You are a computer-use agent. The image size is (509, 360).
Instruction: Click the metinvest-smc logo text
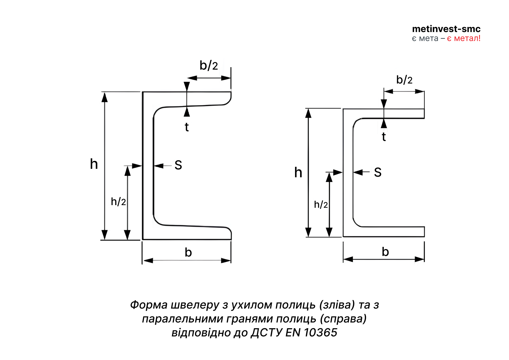click(446, 29)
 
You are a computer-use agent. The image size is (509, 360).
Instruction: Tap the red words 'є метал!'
click(464, 38)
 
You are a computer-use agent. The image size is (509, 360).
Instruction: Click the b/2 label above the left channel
click(209, 65)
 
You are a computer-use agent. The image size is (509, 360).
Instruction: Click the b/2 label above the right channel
click(404, 80)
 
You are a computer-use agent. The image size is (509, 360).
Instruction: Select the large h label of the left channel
click(94, 164)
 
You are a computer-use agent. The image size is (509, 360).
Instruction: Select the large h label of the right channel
click(298, 172)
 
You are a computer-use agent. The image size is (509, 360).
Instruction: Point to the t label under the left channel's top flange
click(187, 127)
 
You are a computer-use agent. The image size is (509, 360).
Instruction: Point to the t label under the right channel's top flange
click(384, 137)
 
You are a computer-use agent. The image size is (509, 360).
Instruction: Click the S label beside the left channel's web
click(178, 165)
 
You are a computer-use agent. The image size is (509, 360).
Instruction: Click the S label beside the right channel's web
click(378, 172)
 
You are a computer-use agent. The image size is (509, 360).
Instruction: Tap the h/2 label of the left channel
click(118, 201)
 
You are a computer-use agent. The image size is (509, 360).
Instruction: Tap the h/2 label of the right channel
click(321, 205)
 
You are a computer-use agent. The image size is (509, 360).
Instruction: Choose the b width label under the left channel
click(188, 252)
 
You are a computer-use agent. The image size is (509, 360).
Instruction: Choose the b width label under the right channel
click(385, 252)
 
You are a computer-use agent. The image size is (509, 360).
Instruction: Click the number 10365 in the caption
click(320, 332)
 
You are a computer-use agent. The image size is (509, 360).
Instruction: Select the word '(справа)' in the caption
click(343, 319)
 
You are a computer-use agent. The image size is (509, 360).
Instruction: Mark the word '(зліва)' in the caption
click(337, 305)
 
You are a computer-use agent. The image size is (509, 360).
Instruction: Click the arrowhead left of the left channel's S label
click(159, 166)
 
